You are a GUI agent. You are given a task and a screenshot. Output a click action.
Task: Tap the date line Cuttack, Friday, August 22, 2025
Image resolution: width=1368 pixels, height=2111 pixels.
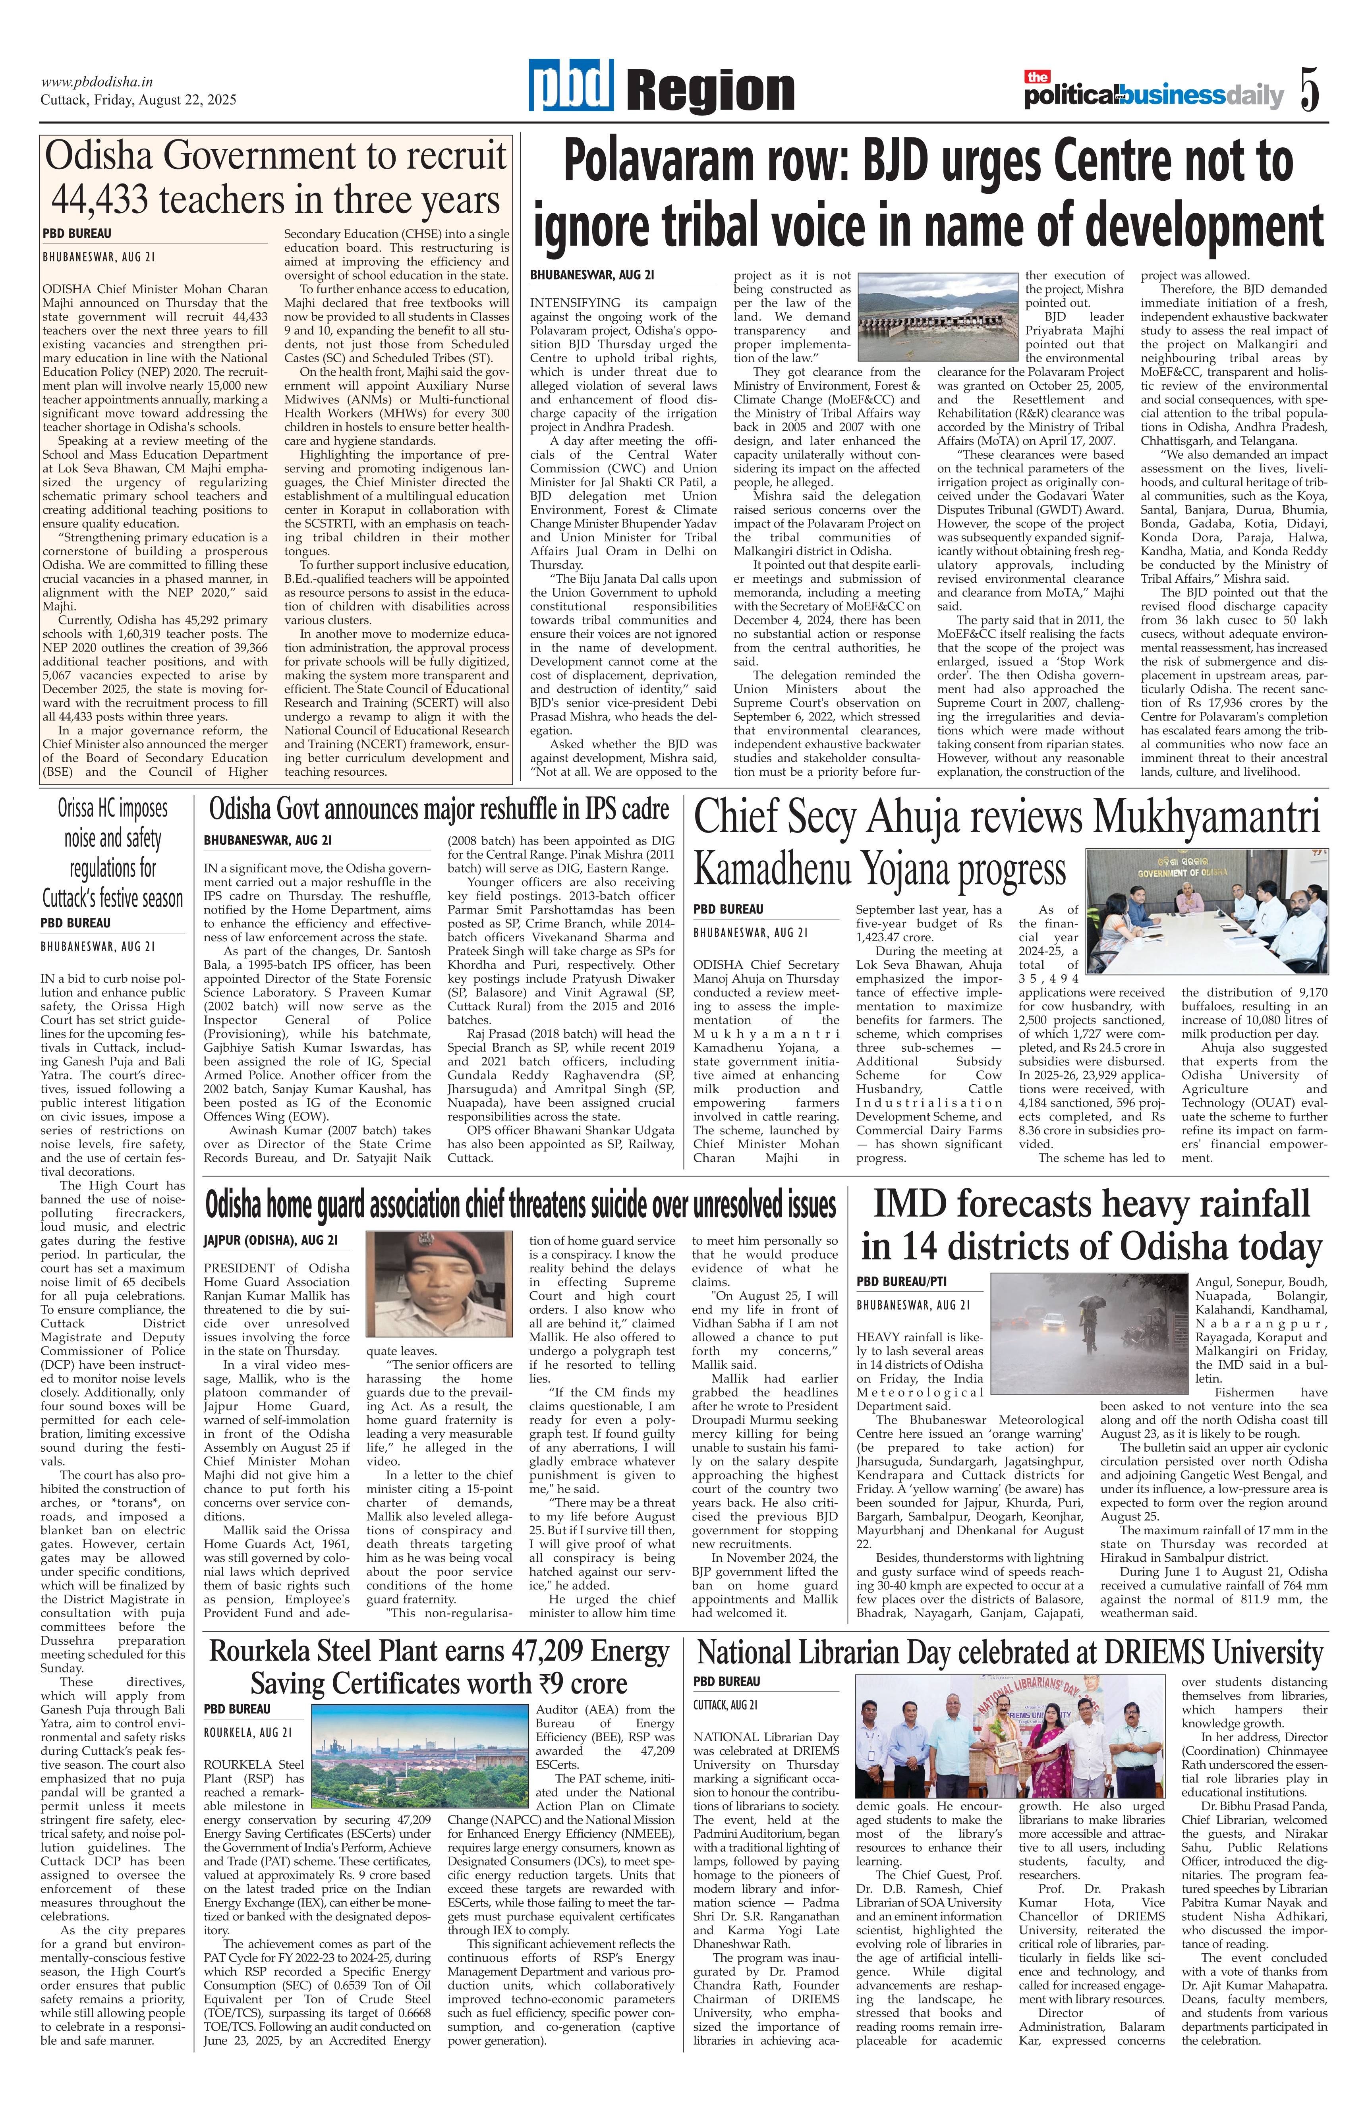(138, 100)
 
